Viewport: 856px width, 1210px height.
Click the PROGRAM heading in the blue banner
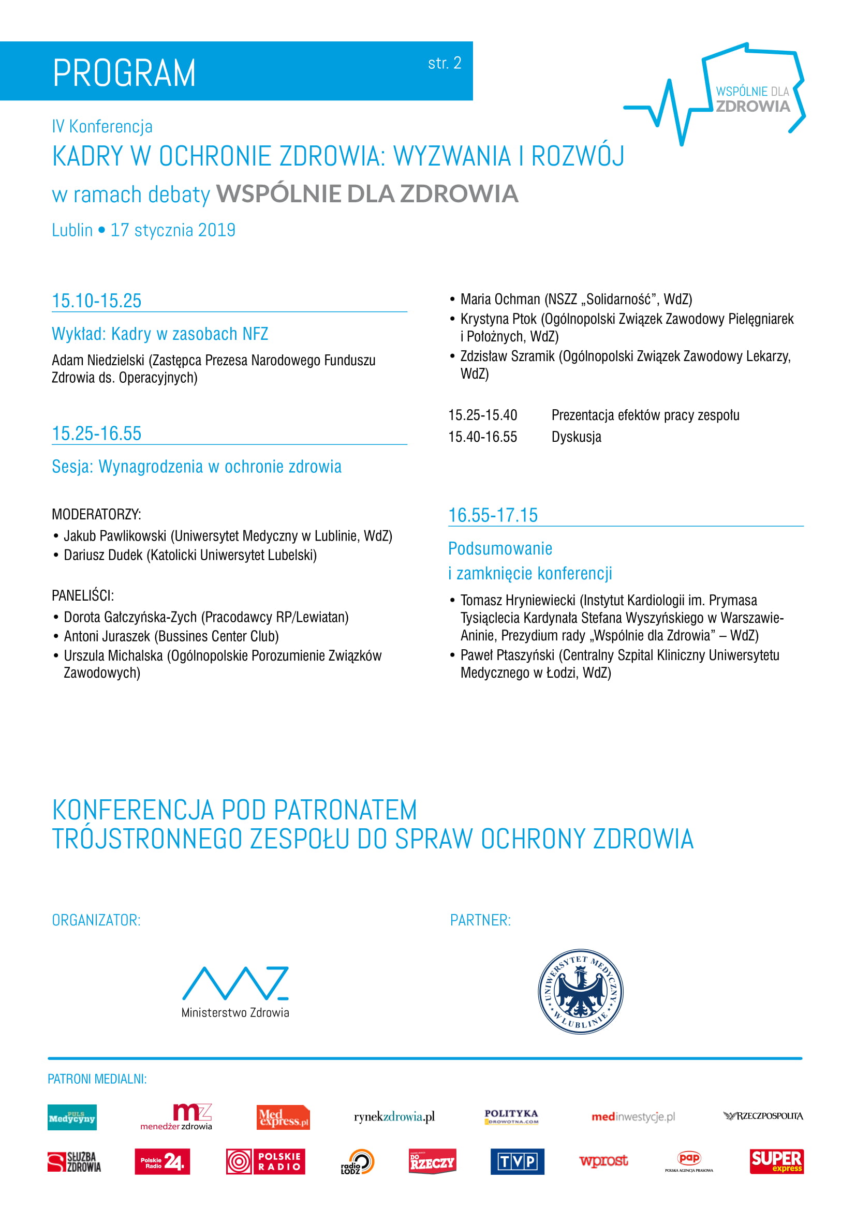coord(124,73)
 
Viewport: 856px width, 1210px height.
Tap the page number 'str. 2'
coord(445,64)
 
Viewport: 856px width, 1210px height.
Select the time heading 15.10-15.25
coord(97,301)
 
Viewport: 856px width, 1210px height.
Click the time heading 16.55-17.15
coord(493,515)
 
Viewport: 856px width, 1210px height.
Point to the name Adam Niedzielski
coord(98,361)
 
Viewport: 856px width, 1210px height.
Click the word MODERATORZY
coord(96,514)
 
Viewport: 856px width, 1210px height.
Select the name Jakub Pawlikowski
coord(115,536)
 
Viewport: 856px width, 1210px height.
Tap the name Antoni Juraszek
coord(107,636)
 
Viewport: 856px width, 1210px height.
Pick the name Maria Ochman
coord(500,300)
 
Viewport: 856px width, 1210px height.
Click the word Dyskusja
coord(576,437)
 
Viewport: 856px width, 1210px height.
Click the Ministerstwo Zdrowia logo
coord(235,991)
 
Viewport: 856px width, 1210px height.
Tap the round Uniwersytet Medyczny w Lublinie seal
coord(580,991)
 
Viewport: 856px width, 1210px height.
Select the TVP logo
coord(517,1161)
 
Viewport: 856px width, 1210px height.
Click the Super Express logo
coord(776,1161)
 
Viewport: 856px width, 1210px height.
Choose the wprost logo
coord(603,1161)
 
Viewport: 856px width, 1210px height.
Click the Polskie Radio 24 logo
coord(162,1161)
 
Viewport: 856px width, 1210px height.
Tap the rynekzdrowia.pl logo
coord(394,1117)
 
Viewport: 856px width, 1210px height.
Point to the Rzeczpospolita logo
coord(763,1116)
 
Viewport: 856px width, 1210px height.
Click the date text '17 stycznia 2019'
coord(173,230)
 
